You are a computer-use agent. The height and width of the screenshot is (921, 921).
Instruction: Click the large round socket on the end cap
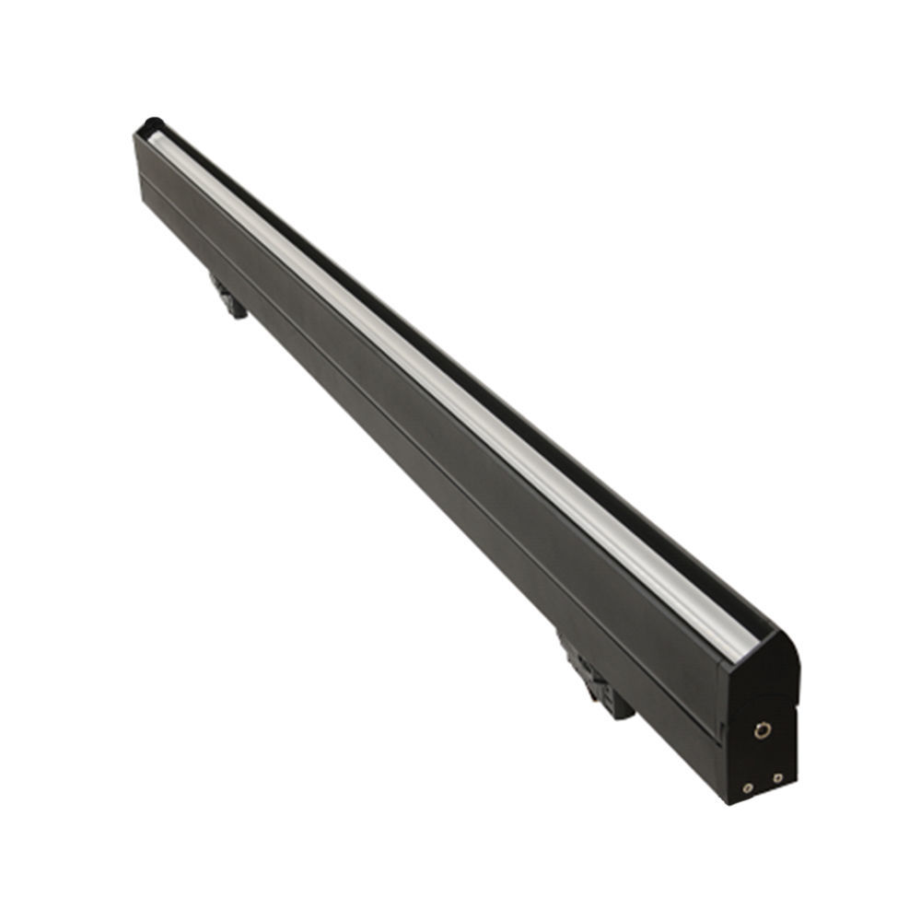click(762, 730)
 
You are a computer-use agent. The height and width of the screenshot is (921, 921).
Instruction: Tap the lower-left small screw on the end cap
click(747, 788)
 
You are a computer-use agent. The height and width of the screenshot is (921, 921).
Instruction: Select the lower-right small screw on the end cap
click(778, 778)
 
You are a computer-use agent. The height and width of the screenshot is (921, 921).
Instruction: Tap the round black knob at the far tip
click(150, 126)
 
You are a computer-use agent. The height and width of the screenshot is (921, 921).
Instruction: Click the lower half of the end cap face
click(763, 760)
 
